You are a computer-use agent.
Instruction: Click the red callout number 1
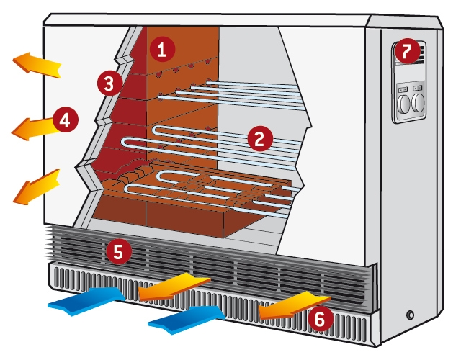click(x=161, y=50)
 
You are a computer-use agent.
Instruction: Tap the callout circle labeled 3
click(x=109, y=84)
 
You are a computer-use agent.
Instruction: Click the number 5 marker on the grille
click(x=118, y=251)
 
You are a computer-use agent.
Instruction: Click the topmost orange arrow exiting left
click(x=36, y=65)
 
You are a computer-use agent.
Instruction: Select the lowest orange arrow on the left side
click(x=34, y=185)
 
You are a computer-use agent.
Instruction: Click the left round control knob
click(x=403, y=104)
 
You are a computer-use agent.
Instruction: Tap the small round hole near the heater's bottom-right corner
click(x=411, y=315)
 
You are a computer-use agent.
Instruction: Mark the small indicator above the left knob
click(x=403, y=89)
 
